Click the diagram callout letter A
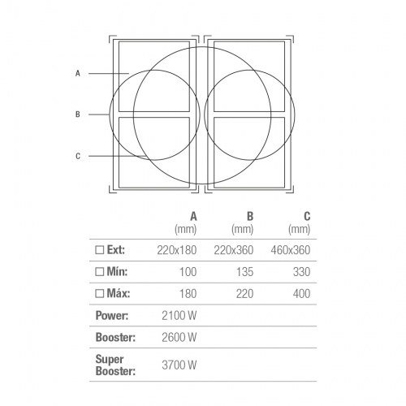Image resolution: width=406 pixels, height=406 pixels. pos(78,73)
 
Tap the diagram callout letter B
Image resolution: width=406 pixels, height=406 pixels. pos(78,114)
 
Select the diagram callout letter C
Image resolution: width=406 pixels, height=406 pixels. pos(78,156)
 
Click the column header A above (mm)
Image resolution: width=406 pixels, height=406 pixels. pos(193,217)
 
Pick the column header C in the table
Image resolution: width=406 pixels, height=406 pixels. pos(307,217)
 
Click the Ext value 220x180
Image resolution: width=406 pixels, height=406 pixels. pos(177,250)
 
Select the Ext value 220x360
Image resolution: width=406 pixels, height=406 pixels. pos(234,250)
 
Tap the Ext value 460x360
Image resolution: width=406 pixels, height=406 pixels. pos(291,250)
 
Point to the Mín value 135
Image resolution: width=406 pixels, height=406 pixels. pos(245,272)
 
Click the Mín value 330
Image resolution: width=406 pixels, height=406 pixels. pos(301,272)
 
